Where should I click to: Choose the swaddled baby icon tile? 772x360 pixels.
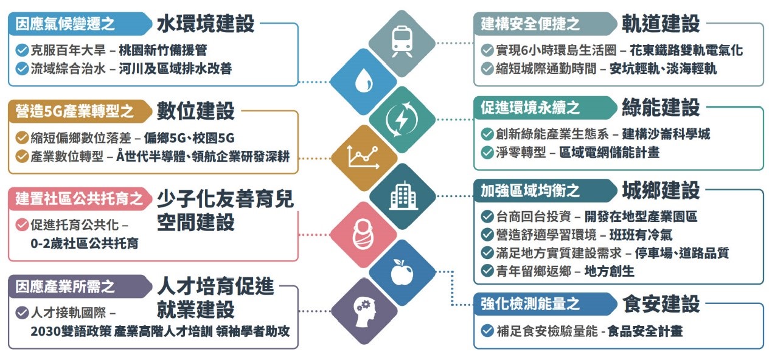point(363,235)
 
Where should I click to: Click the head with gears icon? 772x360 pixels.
point(363,311)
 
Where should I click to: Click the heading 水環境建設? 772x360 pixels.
point(205,24)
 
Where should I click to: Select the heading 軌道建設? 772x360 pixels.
point(661,24)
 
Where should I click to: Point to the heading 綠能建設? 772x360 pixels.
point(661,108)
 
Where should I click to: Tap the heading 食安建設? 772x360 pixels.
point(661,303)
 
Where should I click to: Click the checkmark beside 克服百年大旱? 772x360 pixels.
point(22,50)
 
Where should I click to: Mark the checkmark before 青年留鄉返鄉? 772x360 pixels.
point(487,271)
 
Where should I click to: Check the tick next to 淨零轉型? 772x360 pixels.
point(487,152)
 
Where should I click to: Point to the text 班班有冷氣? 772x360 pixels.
point(641,234)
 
